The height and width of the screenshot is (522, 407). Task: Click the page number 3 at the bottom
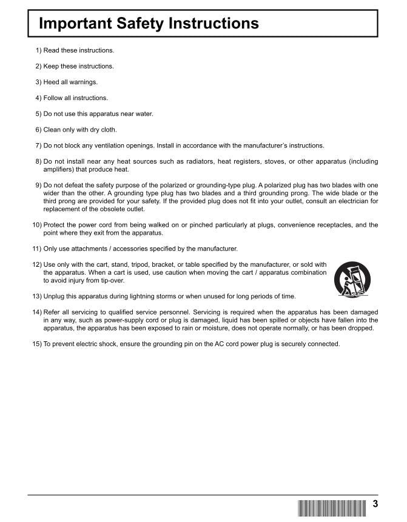coord(375,504)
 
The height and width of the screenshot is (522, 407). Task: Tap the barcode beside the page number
coord(332,508)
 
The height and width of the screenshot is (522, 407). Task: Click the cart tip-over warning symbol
coord(353,278)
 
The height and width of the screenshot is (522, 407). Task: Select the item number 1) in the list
coord(38,50)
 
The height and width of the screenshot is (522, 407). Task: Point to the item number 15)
coord(36,344)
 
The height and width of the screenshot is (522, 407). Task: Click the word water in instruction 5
coord(144,113)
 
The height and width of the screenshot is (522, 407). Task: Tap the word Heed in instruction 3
coord(51,82)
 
